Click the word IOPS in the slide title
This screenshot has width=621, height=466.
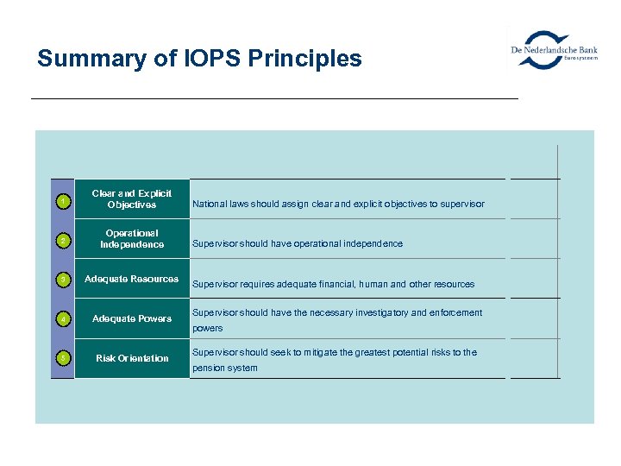[209, 59]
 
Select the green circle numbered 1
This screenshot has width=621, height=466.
[63, 202]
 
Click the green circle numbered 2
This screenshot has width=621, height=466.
[63, 241]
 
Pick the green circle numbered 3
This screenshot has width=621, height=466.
[63, 280]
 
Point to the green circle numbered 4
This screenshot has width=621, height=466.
[63, 319]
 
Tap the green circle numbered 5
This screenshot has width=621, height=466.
[63, 359]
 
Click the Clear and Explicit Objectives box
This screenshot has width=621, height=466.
[131, 199]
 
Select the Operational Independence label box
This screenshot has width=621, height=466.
[131, 239]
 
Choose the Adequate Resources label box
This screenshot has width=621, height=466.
[131, 279]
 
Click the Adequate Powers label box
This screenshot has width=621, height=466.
[131, 318]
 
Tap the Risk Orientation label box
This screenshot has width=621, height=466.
[131, 358]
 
